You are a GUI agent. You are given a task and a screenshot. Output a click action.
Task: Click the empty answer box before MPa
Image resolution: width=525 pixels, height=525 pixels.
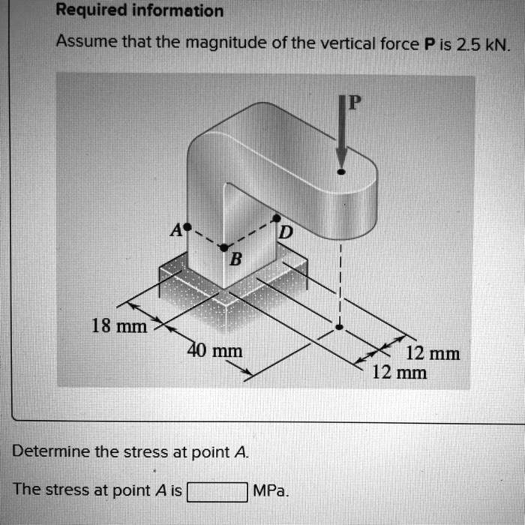[217, 492]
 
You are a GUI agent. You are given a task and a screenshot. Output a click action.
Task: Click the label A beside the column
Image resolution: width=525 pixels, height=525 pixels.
[177, 229]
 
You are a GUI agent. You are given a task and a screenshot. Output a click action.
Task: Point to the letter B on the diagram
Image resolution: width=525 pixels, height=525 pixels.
[235, 260]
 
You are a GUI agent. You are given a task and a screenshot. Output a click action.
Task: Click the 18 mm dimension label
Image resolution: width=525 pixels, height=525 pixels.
[118, 326]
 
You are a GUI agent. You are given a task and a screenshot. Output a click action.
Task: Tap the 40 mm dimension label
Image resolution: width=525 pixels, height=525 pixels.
[214, 350]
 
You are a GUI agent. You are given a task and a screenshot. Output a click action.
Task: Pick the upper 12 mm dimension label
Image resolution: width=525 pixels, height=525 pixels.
[432, 354]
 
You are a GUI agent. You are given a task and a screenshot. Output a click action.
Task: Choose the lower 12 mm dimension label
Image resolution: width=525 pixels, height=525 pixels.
[400, 372]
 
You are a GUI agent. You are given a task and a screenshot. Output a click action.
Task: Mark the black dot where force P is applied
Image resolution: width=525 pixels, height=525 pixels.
[341, 172]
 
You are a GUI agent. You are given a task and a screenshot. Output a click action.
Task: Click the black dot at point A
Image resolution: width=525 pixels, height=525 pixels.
[188, 225]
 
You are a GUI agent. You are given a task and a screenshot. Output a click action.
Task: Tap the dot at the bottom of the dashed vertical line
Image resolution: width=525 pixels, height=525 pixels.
[340, 327]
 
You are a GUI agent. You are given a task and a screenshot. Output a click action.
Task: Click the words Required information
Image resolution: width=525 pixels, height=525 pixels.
[140, 10]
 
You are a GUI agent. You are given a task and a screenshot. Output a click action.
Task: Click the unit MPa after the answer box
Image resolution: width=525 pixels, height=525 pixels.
[271, 491]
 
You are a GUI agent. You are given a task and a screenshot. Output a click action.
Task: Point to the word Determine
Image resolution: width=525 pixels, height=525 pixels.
[51, 451]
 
